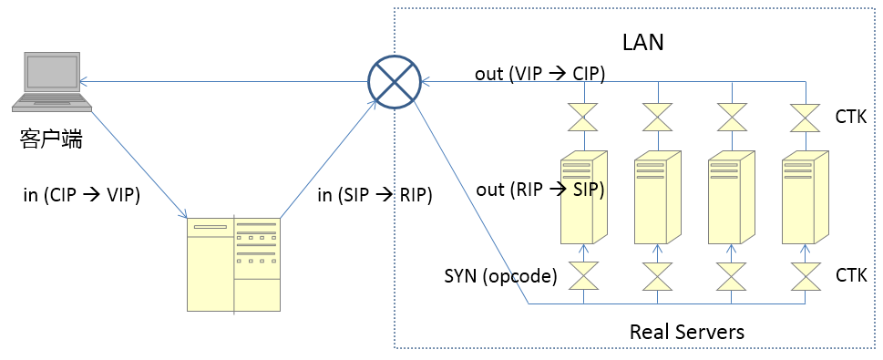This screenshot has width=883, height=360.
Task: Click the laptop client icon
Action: (x=52, y=81)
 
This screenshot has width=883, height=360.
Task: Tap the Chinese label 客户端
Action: (x=51, y=138)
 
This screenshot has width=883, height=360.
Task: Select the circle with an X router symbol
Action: (x=395, y=82)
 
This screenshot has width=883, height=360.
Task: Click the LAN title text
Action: (x=643, y=42)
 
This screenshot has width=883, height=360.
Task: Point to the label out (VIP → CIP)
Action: (x=539, y=74)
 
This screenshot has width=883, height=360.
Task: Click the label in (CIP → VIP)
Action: (x=82, y=195)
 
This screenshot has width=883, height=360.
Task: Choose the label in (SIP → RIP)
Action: (x=375, y=195)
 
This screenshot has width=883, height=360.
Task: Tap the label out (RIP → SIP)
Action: (x=540, y=190)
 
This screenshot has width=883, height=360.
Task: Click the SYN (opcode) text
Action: (x=500, y=276)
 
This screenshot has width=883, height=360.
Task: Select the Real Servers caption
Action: (x=686, y=331)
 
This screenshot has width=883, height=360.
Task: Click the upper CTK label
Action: (x=851, y=118)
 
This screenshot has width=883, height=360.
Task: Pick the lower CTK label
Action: (x=851, y=275)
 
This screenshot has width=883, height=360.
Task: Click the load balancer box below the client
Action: (x=233, y=264)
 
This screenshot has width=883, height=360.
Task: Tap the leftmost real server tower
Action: (x=584, y=197)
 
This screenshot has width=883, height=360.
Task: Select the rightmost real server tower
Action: (x=806, y=197)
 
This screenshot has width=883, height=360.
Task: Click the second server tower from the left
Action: (x=658, y=197)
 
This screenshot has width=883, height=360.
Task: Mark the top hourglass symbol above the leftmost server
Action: (x=584, y=118)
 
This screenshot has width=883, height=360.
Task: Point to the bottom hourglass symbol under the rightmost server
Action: (x=806, y=275)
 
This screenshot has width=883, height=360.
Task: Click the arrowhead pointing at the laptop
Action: (x=83, y=82)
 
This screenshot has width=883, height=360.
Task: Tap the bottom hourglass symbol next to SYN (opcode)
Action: (x=584, y=275)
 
